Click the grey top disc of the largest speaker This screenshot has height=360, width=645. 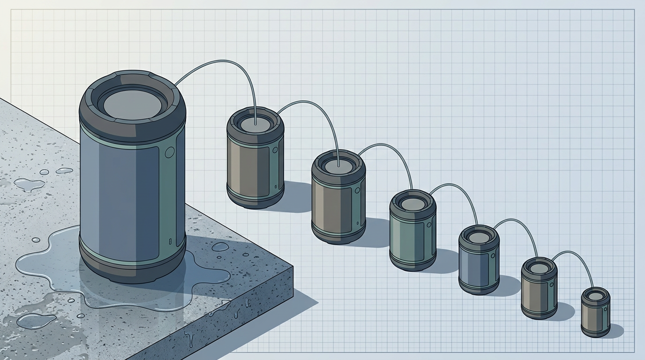tap(132, 104)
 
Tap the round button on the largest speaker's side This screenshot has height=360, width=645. tap(170, 151)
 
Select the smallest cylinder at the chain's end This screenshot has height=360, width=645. tap(595, 312)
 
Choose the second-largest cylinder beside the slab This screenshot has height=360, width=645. tap(255, 157)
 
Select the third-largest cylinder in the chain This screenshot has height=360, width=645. tap(338, 197)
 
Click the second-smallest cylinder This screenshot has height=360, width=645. tap(539, 288)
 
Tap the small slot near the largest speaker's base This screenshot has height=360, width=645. tap(170, 242)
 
